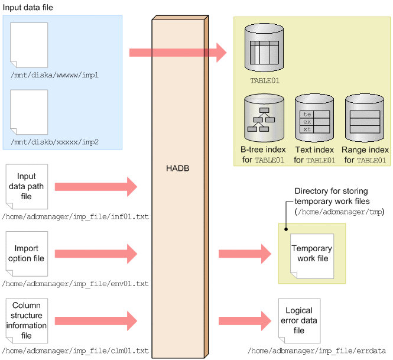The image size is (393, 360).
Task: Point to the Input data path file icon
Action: click(x=26, y=186)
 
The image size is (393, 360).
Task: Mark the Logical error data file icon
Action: click(x=298, y=320)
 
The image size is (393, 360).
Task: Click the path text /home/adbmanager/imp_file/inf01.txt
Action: click(x=75, y=217)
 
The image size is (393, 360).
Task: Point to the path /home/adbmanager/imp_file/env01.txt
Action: click(x=75, y=284)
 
